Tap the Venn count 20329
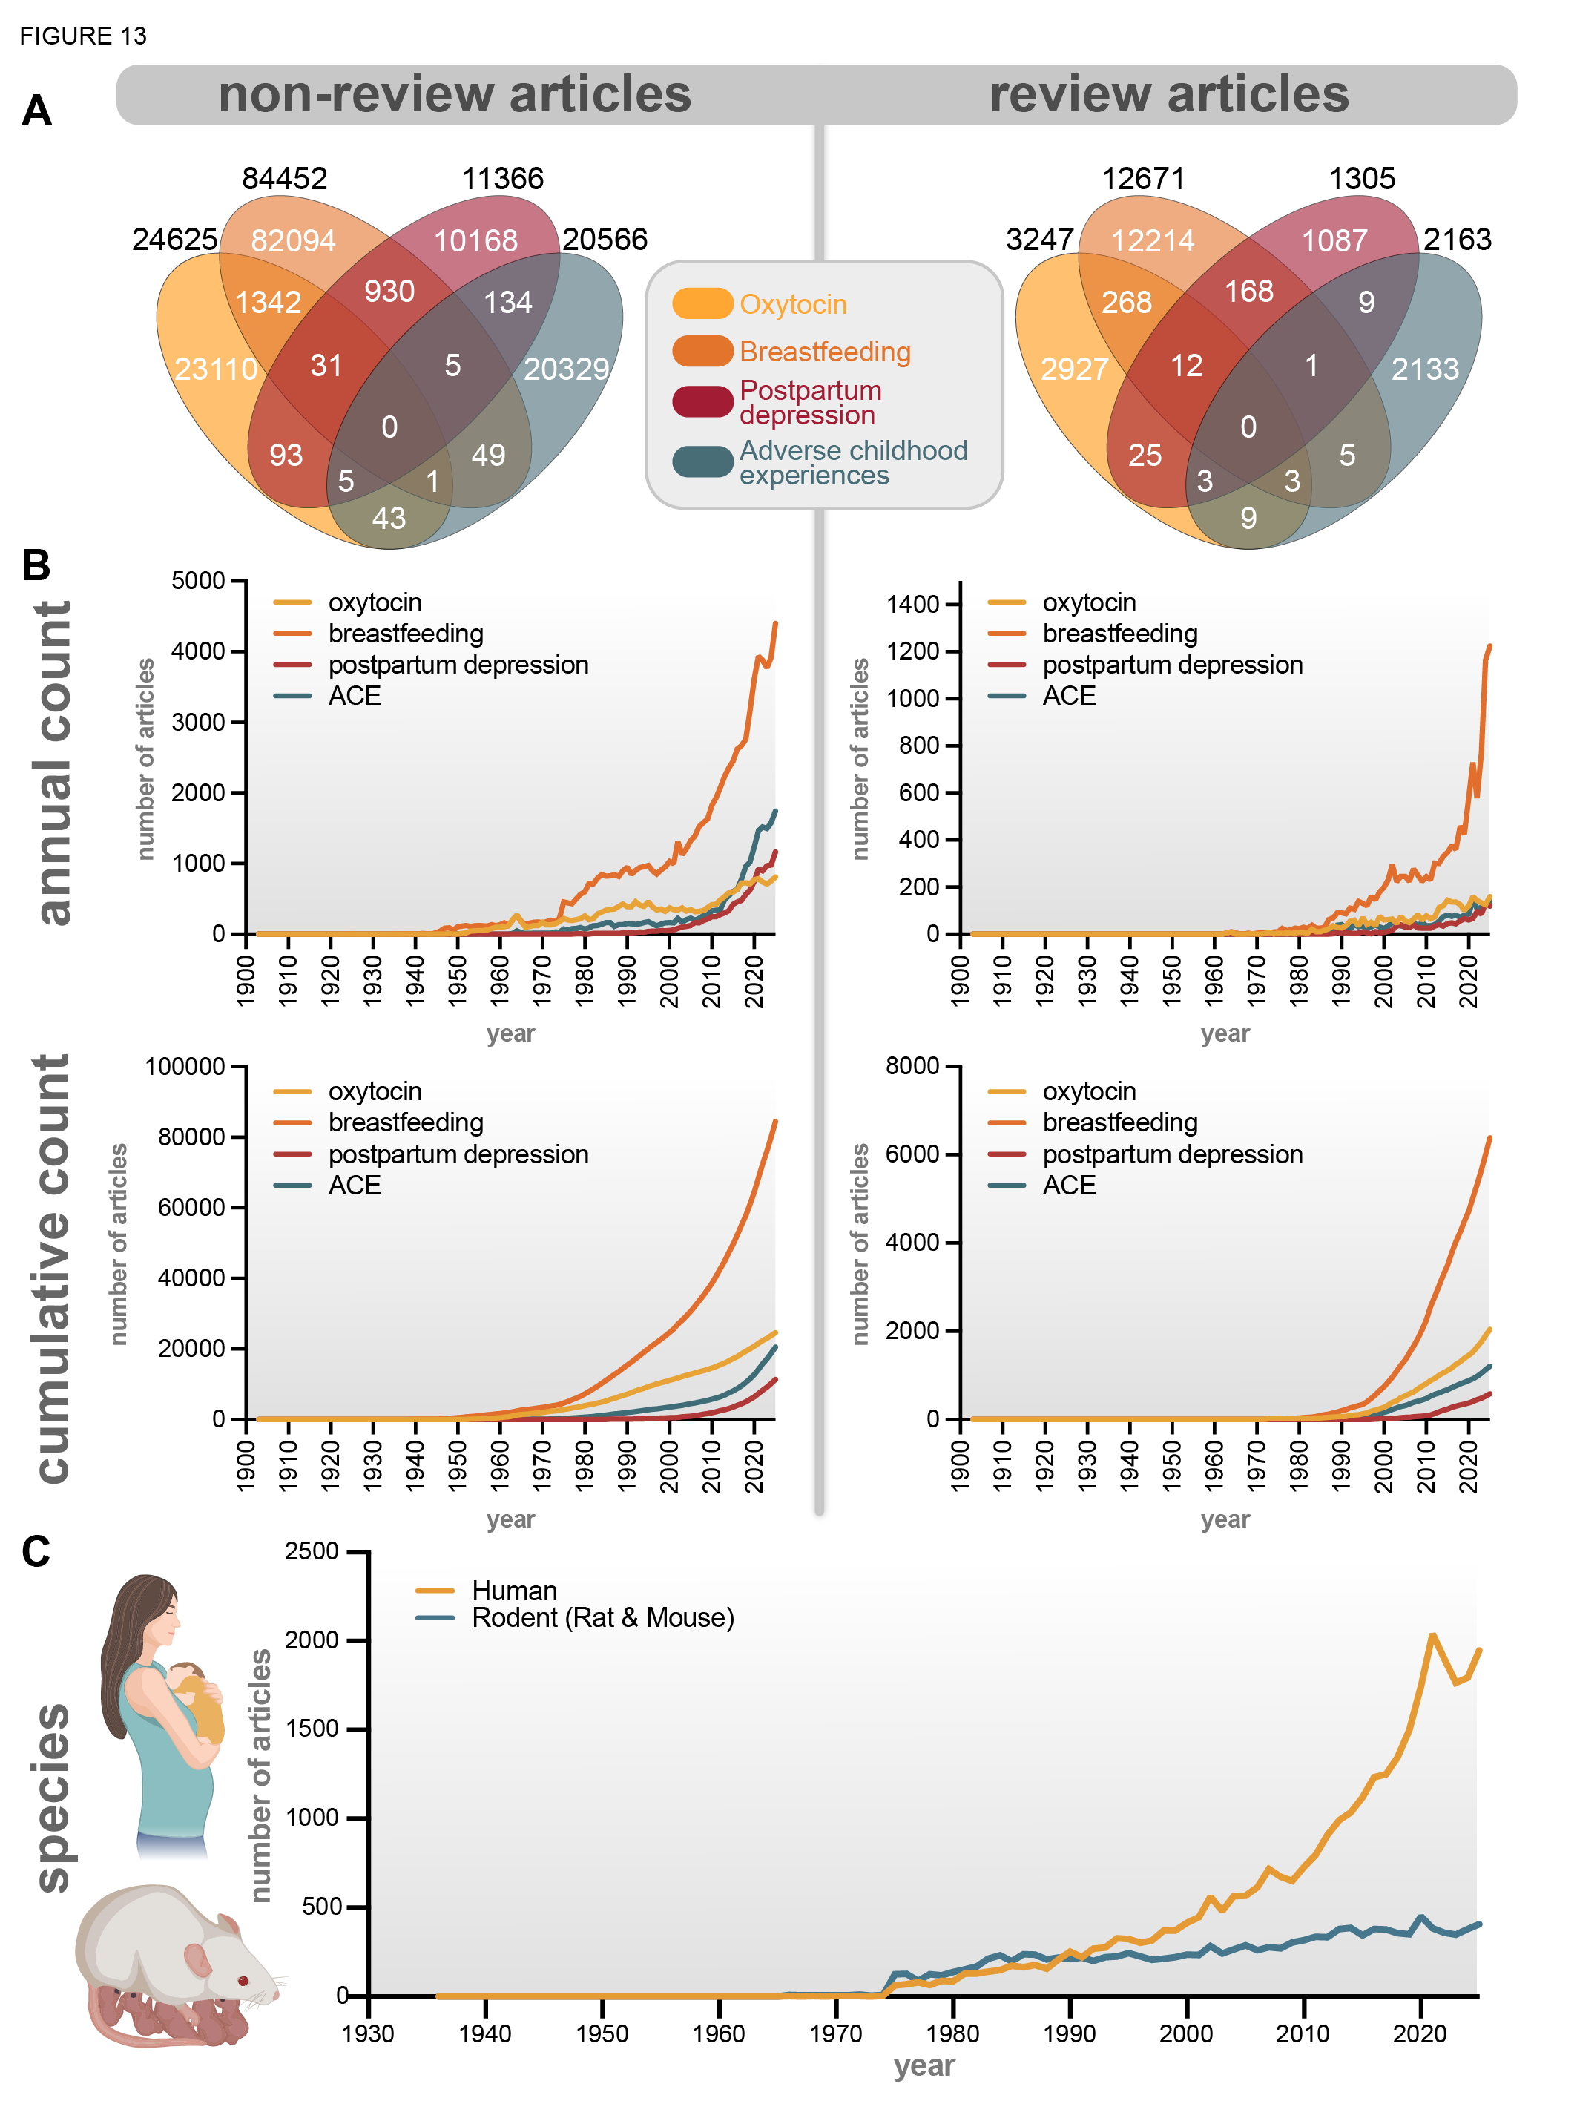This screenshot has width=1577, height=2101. tap(566, 369)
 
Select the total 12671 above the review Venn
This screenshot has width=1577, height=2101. tap(1143, 179)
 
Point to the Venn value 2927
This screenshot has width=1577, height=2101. tap(1074, 369)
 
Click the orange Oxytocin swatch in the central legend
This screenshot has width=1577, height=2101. tap(702, 304)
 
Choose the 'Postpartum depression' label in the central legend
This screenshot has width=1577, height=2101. tap(810, 403)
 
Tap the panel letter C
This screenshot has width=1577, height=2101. tap(36, 1552)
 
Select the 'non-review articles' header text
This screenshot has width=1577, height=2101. tap(455, 94)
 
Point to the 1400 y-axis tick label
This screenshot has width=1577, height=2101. tap(912, 604)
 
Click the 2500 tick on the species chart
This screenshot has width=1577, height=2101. tap(312, 1551)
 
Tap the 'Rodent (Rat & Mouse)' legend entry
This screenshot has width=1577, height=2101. tap(603, 1617)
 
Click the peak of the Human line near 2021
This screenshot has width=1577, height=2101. tap(1432, 1634)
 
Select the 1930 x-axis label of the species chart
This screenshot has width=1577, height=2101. tap(369, 2033)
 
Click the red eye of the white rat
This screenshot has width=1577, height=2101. tap(243, 1980)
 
